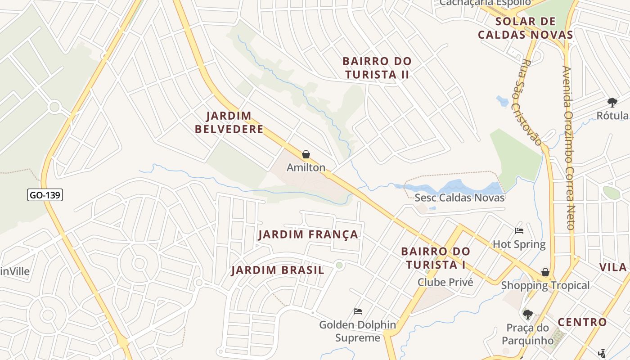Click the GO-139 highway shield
pos(45,195)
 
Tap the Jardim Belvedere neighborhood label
pos(229,122)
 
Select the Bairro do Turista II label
pos(377,68)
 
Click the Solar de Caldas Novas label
pos(525,28)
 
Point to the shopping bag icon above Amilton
pos(306,155)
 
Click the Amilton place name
pos(306,167)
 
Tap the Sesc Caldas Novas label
pos(459,198)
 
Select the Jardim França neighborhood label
pos(308,234)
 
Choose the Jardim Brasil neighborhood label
pos(278,270)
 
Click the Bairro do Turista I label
pos(435,258)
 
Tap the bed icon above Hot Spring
pos(519,231)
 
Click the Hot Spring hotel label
pos(519,244)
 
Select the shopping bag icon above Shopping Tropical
pos(545,272)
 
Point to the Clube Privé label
pos(445,282)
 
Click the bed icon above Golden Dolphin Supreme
pos(358,311)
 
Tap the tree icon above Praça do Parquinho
pos(527,314)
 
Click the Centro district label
pos(582,322)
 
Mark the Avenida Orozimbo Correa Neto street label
pos(569,148)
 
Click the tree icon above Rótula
pos(612,102)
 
